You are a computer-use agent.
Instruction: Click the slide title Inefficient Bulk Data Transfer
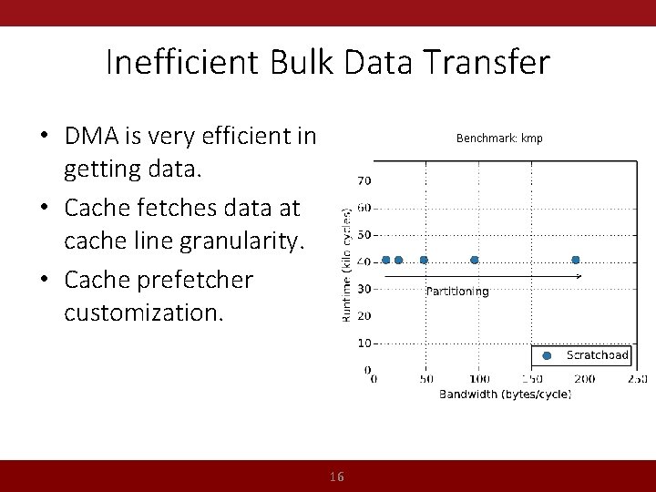(x=328, y=63)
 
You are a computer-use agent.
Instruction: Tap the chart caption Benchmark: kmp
(x=499, y=138)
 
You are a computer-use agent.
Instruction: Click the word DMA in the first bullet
(x=91, y=137)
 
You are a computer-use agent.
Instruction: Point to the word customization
(x=142, y=313)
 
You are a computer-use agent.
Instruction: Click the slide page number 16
(x=336, y=477)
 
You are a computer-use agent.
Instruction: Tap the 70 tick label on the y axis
(x=364, y=179)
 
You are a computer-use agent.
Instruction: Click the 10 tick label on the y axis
(x=364, y=343)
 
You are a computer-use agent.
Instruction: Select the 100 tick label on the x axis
(x=478, y=379)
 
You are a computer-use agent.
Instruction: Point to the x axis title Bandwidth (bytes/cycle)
(x=505, y=394)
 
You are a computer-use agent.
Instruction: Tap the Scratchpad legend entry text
(x=597, y=354)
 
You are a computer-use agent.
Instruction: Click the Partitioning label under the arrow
(x=457, y=292)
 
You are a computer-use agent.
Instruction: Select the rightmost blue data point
(x=576, y=260)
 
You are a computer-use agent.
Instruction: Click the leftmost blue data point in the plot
(x=385, y=260)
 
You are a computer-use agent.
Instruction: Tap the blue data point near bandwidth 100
(x=475, y=260)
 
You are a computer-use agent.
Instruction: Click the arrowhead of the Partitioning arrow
(x=579, y=275)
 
